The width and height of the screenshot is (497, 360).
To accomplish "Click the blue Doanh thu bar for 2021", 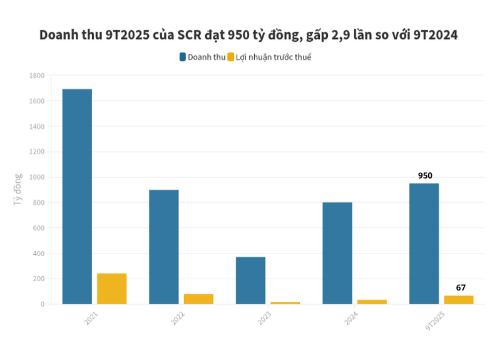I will (x=77, y=197).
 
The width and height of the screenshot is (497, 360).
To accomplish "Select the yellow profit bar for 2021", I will (x=111, y=289).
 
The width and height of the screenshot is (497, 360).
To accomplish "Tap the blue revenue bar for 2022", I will (x=163, y=247).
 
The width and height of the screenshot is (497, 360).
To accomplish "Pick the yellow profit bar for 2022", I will (x=198, y=299).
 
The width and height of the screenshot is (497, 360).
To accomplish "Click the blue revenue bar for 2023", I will (x=250, y=280).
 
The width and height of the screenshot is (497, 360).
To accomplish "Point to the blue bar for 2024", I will (x=337, y=253).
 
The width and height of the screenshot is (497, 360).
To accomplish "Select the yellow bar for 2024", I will (x=372, y=302).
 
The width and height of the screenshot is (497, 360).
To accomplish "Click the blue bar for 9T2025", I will (x=424, y=244).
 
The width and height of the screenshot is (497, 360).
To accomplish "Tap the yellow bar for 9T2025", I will (x=459, y=299).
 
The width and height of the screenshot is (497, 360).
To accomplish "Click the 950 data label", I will (x=425, y=176).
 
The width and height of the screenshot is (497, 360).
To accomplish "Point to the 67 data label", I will (x=461, y=288).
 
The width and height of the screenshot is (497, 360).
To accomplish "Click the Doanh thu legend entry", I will (x=202, y=57).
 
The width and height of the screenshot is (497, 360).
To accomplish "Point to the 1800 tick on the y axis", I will (x=36, y=76).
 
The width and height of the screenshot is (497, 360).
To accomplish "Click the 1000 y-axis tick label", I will (x=36, y=177).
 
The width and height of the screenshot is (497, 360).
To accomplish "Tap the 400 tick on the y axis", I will (x=38, y=254).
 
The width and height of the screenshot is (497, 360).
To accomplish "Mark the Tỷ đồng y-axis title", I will (x=18, y=190).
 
